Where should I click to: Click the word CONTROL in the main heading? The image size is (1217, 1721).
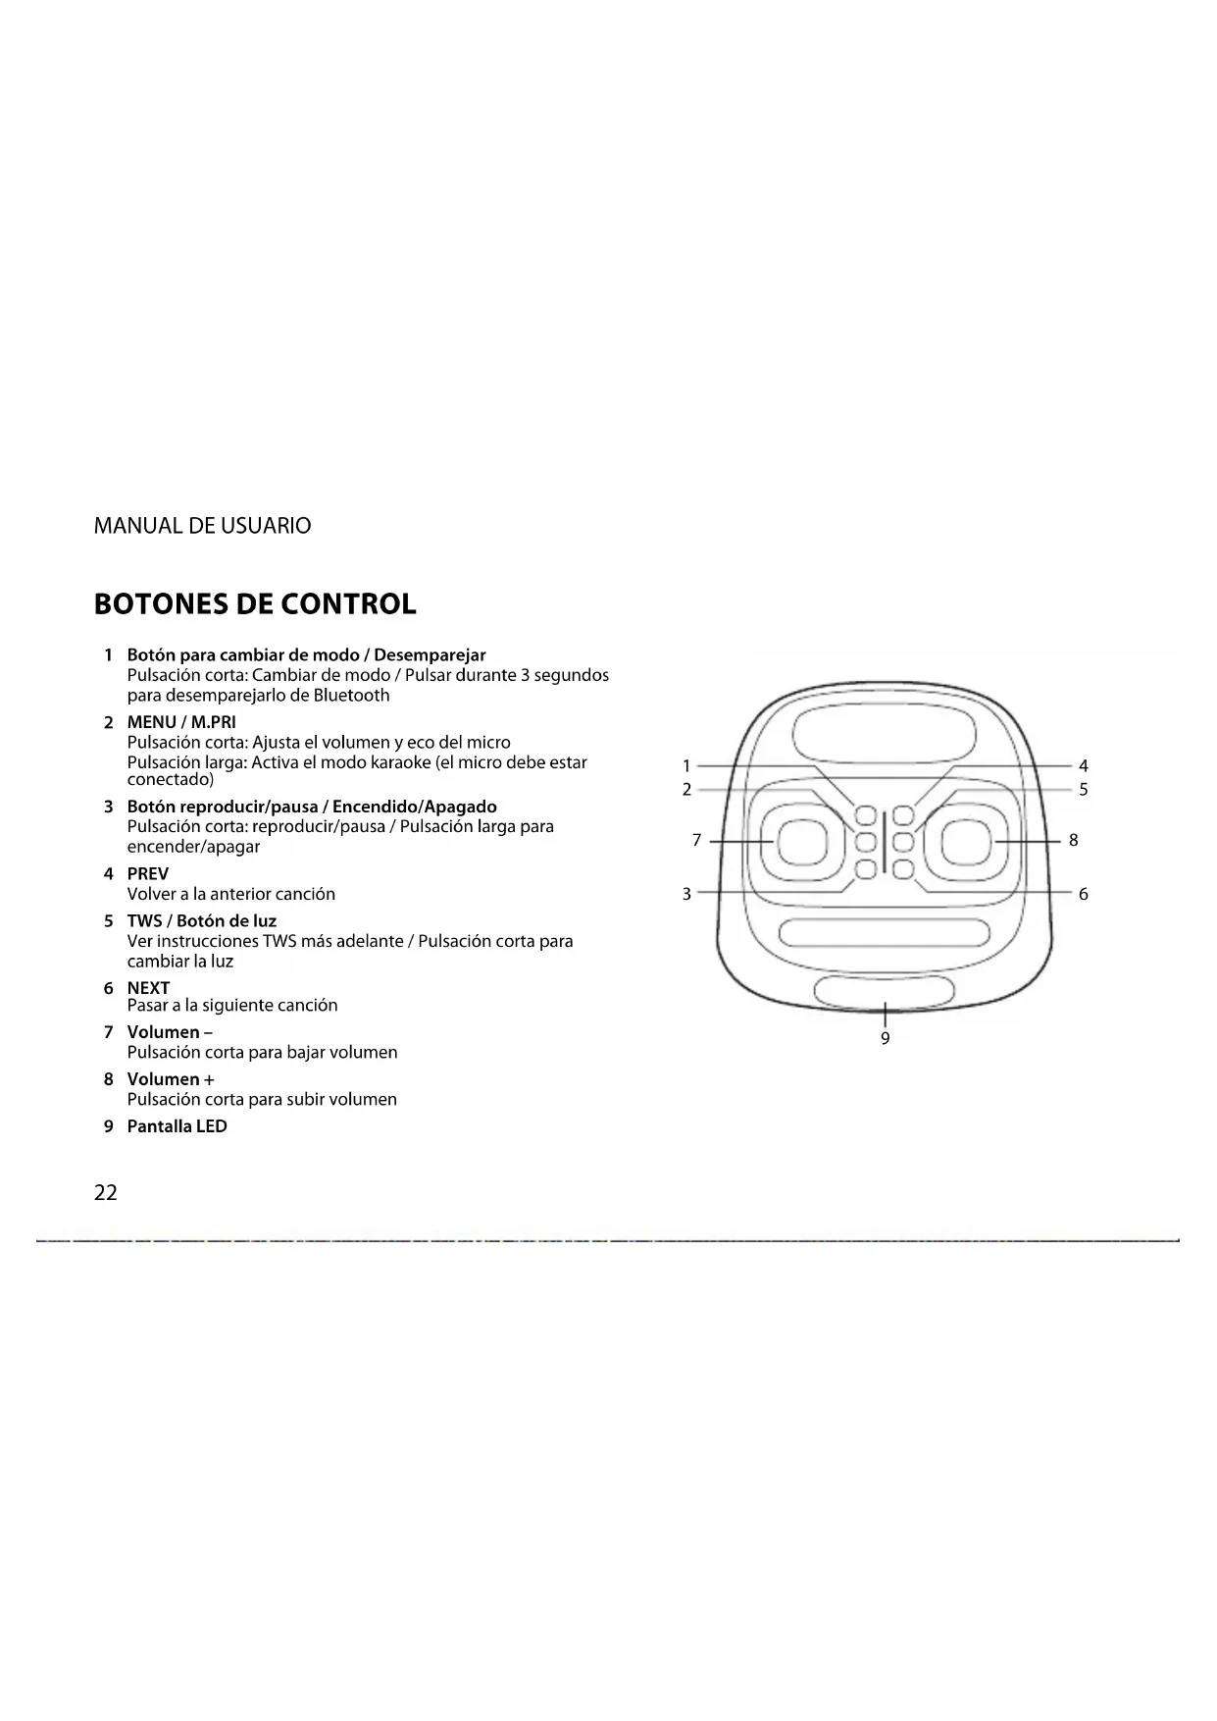point(348,604)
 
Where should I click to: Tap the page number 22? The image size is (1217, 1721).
point(106,1192)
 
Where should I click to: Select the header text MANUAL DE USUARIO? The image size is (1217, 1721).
point(202,526)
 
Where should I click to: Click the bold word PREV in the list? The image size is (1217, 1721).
point(148,873)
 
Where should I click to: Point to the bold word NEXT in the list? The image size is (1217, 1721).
point(148,987)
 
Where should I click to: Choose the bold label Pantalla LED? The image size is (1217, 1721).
point(177,1126)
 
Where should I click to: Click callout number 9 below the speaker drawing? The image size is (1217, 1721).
point(885,1039)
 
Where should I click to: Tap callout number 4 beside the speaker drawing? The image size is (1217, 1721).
point(1083,766)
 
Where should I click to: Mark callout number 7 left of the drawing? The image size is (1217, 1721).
point(697,840)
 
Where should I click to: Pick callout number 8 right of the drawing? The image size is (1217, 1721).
point(1074,840)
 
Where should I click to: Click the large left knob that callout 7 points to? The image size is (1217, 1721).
point(802,841)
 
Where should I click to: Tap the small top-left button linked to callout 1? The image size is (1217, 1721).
point(865,815)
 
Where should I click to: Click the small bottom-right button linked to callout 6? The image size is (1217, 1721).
point(904,868)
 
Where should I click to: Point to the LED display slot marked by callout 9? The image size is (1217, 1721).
point(885,991)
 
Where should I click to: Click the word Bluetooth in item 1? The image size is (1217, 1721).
point(351,696)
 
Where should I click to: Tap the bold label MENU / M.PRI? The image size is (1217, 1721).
point(181,722)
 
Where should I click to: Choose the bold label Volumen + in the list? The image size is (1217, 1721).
point(171,1079)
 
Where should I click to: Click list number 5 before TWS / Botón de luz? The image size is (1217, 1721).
point(109,920)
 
